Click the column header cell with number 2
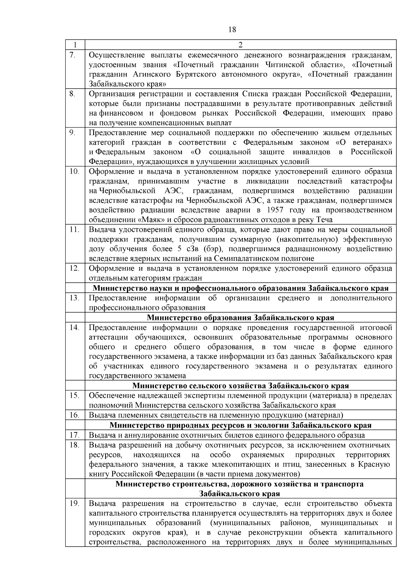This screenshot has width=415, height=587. click(240, 45)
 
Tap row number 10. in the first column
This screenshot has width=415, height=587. click(74, 171)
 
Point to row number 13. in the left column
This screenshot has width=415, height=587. click(74, 298)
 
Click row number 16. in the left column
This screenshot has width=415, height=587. click(74, 415)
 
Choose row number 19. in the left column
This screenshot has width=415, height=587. click(74, 503)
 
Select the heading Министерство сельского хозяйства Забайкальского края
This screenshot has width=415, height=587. click(240, 386)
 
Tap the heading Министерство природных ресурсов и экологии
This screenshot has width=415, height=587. click(240, 425)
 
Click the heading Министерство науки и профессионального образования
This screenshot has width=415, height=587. click(240, 288)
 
